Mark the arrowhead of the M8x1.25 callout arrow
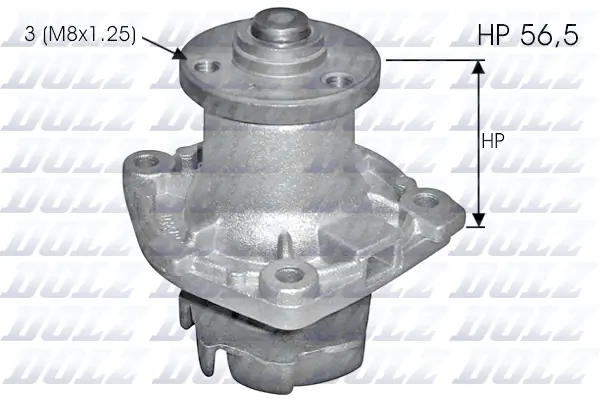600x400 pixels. [183, 56]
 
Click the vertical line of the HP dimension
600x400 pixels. [477, 140]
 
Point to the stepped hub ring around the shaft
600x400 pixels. [273, 50]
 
